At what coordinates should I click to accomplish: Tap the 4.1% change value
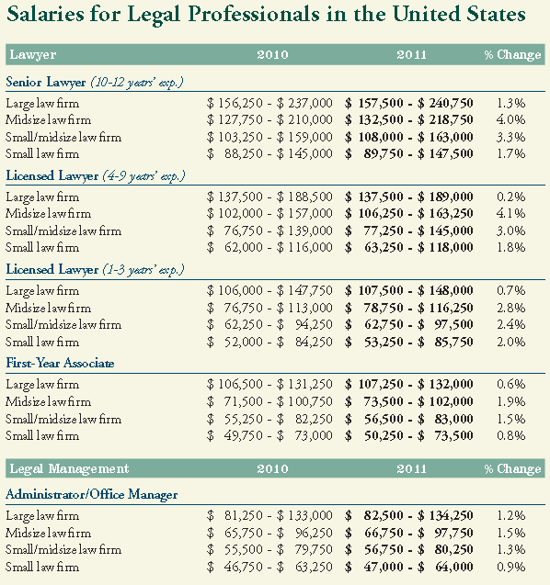pyautogui.click(x=510, y=213)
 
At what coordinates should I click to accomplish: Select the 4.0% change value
pyautogui.click(x=510, y=119)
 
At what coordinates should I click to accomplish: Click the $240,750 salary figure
pyautogui.click(x=445, y=103)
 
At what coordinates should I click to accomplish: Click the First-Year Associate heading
pyautogui.click(x=60, y=363)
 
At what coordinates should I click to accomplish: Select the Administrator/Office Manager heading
pyautogui.click(x=92, y=494)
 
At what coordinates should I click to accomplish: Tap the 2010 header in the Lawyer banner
pyautogui.click(x=272, y=55)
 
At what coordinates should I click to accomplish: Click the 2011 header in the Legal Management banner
pyautogui.click(x=411, y=468)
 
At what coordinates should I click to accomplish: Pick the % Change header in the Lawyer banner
pyautogui.click(x=512, y=55)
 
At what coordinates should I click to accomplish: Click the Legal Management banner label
pyautogui.click(x=69, y=468)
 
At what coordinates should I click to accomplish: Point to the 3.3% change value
pyautogui.click(x=510, y=137)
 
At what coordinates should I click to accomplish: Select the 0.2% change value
pyautogui.click(x=510, y=197)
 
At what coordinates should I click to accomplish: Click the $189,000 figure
pyautogui.click(x=445, y=197)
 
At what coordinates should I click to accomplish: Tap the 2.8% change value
pyautogui.click(x=510, y=308)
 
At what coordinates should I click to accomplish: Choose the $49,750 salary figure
pyautogui.click(x=235, y=435)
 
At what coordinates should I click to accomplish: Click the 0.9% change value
pyautogui.click(x=510, y=567)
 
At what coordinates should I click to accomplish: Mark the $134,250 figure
pyautogui.click(x=445, y=515)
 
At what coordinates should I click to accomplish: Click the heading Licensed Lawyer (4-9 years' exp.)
pyautogui.click(x=96, y=175)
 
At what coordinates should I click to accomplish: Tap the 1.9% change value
pyautogui.click(x=510, y=401)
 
